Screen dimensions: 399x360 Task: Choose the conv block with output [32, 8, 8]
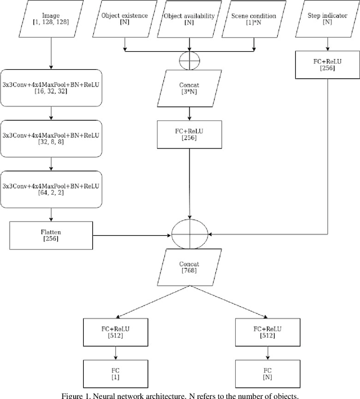coord(51,138)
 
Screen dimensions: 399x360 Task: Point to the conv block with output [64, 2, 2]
coord(51,189)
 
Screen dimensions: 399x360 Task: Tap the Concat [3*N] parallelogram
coord(189,88)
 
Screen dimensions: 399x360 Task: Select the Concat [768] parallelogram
coord(189,267)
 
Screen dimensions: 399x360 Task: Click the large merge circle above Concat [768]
coord(189,232)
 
